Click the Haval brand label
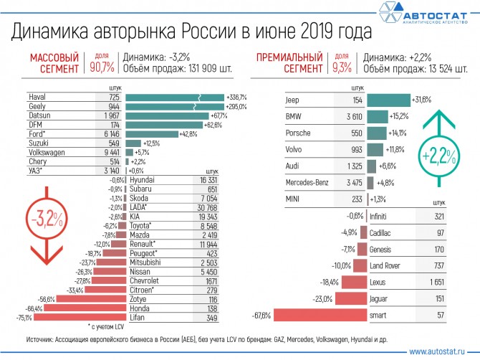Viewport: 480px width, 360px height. pyautogui.click(x=37, y=96)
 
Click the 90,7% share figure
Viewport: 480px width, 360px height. pyautogui.click(x=102, y=68)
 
